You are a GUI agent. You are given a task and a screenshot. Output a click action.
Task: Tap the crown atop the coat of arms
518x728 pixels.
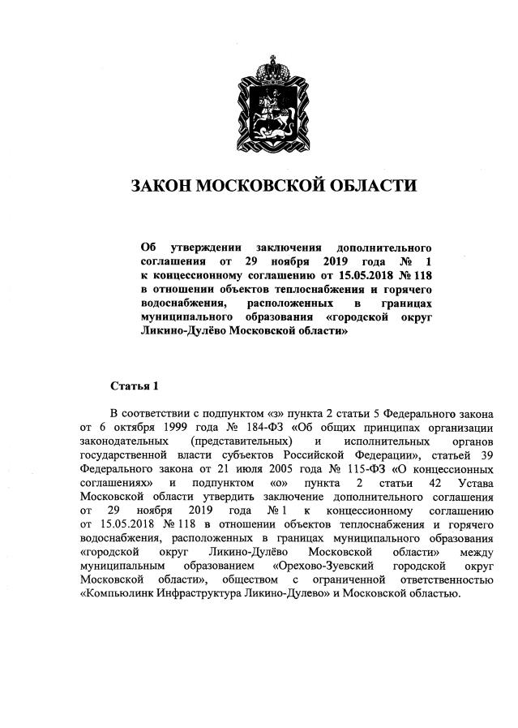pyautogui.click(x=260, y=66)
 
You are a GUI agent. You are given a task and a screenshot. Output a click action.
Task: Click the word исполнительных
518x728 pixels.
pyautogui.click(x=383, y=441)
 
